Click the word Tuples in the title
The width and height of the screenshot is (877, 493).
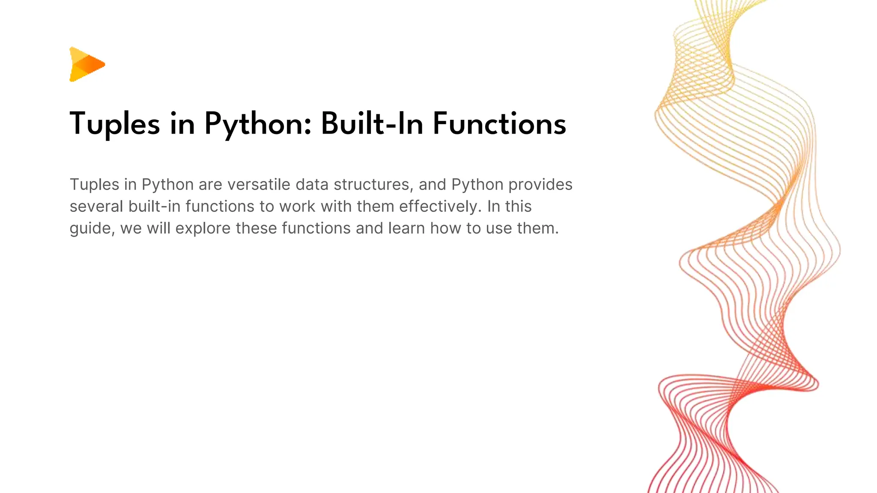[x=115, y=124]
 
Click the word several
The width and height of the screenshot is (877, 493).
[x=96, y=206]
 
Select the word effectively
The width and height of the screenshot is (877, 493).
[x=439, y=206]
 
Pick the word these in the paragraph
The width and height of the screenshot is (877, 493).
[x=256, y=228]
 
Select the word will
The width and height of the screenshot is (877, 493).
[x=158, y=228]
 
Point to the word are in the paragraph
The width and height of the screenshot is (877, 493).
[x=210, y=184]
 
